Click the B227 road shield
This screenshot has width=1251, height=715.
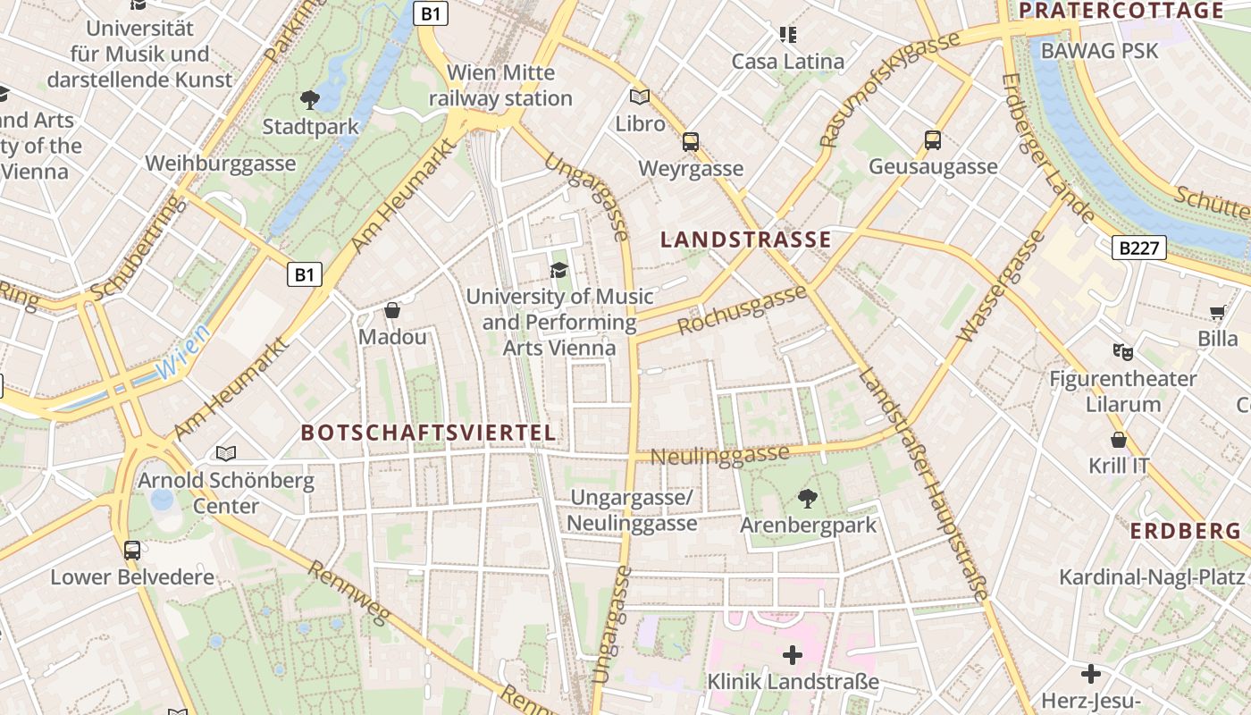coord(1139,248)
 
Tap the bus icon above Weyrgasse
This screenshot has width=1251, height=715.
coord(690,141)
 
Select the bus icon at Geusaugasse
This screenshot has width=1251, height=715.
coord(932,140)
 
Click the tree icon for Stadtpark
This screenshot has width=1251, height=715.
coord(310,99)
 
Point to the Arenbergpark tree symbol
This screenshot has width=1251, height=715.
coord(808,498)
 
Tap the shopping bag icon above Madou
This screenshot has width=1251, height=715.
coord(391,310)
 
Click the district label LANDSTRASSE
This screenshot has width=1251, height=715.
coord(745,240)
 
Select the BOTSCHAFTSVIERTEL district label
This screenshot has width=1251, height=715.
coord(428,433)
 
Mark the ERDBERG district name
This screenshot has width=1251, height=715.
coord(1185,531)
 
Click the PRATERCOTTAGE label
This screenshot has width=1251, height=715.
coord(1121,11)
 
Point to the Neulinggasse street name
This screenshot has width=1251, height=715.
coord(719,455)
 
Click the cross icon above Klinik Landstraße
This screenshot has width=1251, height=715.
coord(792,655)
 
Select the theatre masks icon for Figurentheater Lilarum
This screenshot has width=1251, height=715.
coord(1122,351)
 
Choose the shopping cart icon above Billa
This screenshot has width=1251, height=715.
coord(1217,312)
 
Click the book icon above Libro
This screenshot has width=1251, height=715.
coord(640,97)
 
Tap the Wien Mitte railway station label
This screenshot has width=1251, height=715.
coord(500,85)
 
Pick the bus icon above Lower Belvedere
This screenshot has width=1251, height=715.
coord(132,550)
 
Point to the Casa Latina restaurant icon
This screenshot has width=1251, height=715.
coord(787,35)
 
